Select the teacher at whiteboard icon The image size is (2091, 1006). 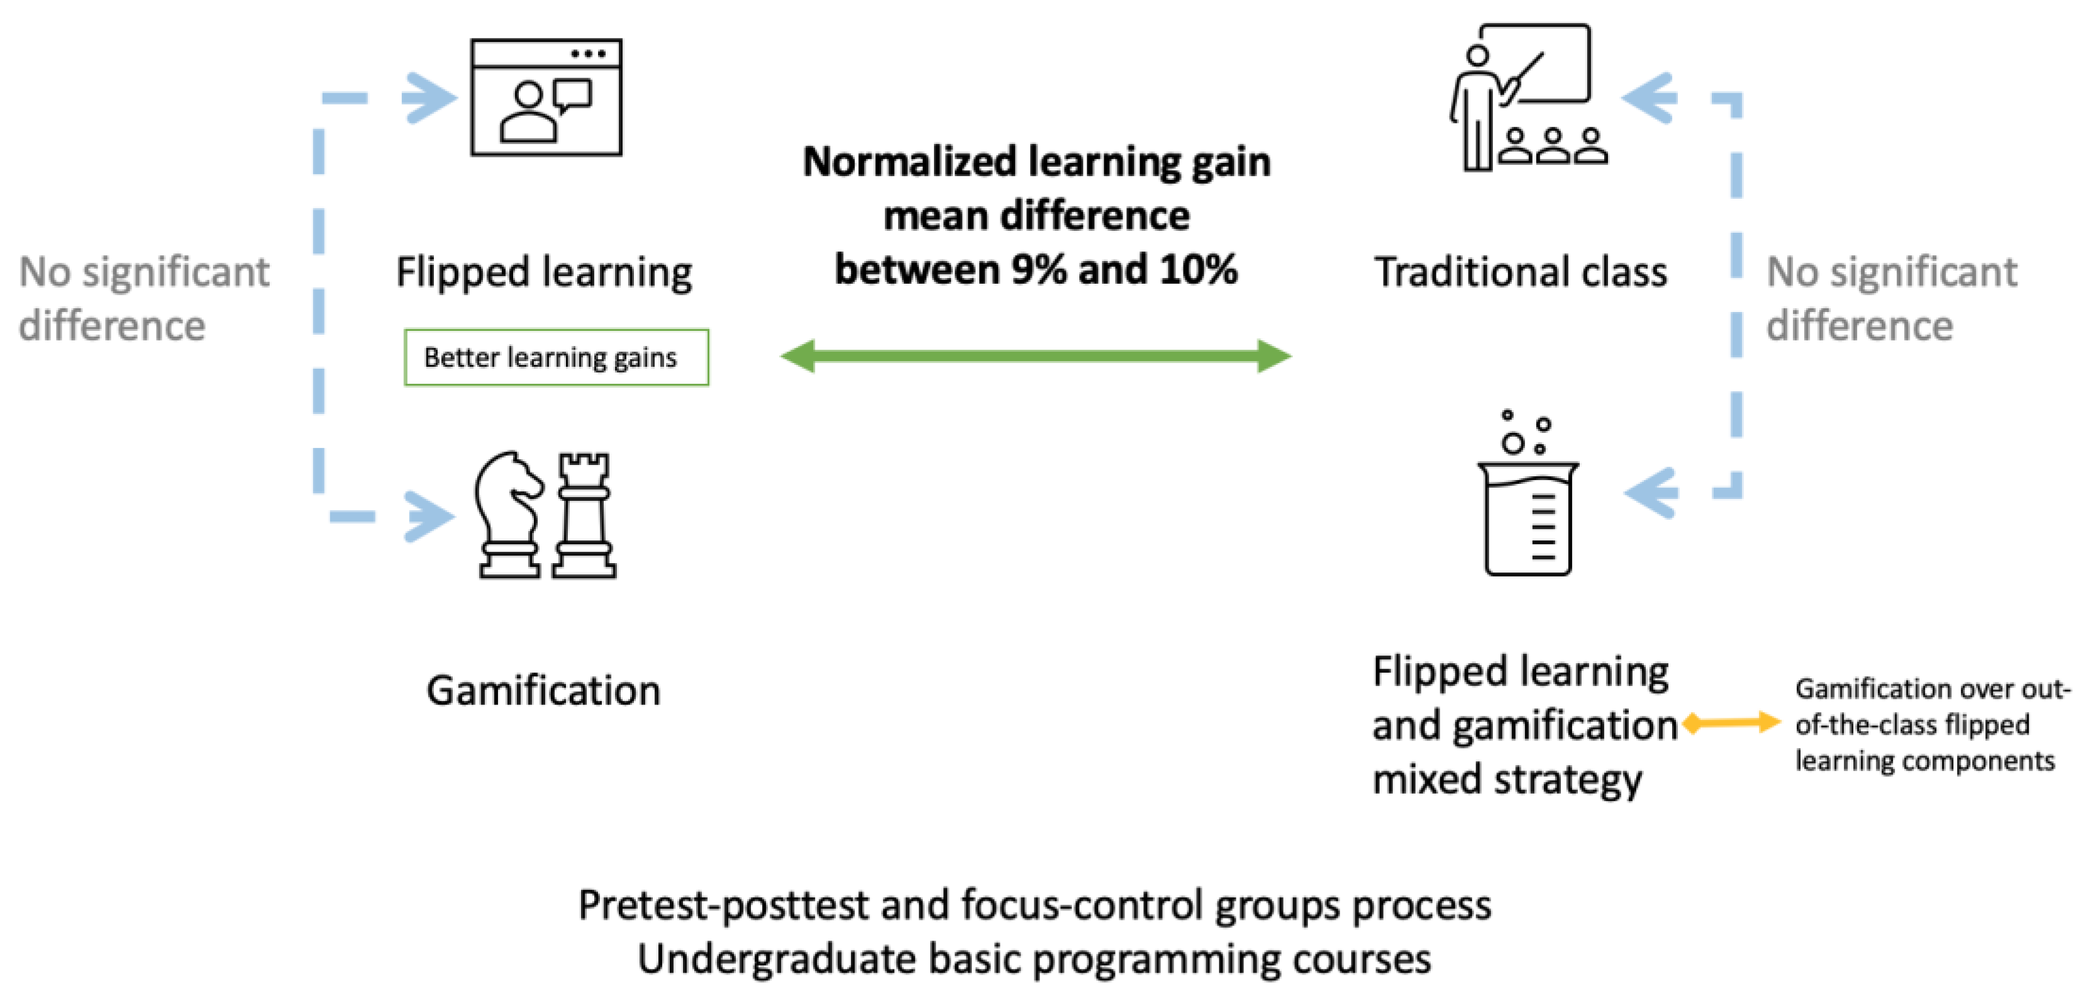[x=1526, y=98]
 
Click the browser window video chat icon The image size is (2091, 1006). [x=546, y=98]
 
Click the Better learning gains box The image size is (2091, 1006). [x=556, y=357]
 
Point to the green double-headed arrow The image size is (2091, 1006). [x=1035, y=355]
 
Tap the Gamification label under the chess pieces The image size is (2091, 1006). [x=543, y=691]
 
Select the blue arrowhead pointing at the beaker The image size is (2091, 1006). [x=1652, y=492]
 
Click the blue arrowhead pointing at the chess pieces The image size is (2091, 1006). [x=430, y=517]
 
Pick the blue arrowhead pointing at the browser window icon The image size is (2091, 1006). [x=430, y=98]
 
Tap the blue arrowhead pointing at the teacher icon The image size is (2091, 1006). [x=1650, y=98]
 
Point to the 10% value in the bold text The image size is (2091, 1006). [x=1198, y=269]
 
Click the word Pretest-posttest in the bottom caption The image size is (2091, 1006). [x=723, y=905]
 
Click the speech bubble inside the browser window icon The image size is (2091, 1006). [x=573, y=95]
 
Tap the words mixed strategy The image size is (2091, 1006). [x=1507, y=780]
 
